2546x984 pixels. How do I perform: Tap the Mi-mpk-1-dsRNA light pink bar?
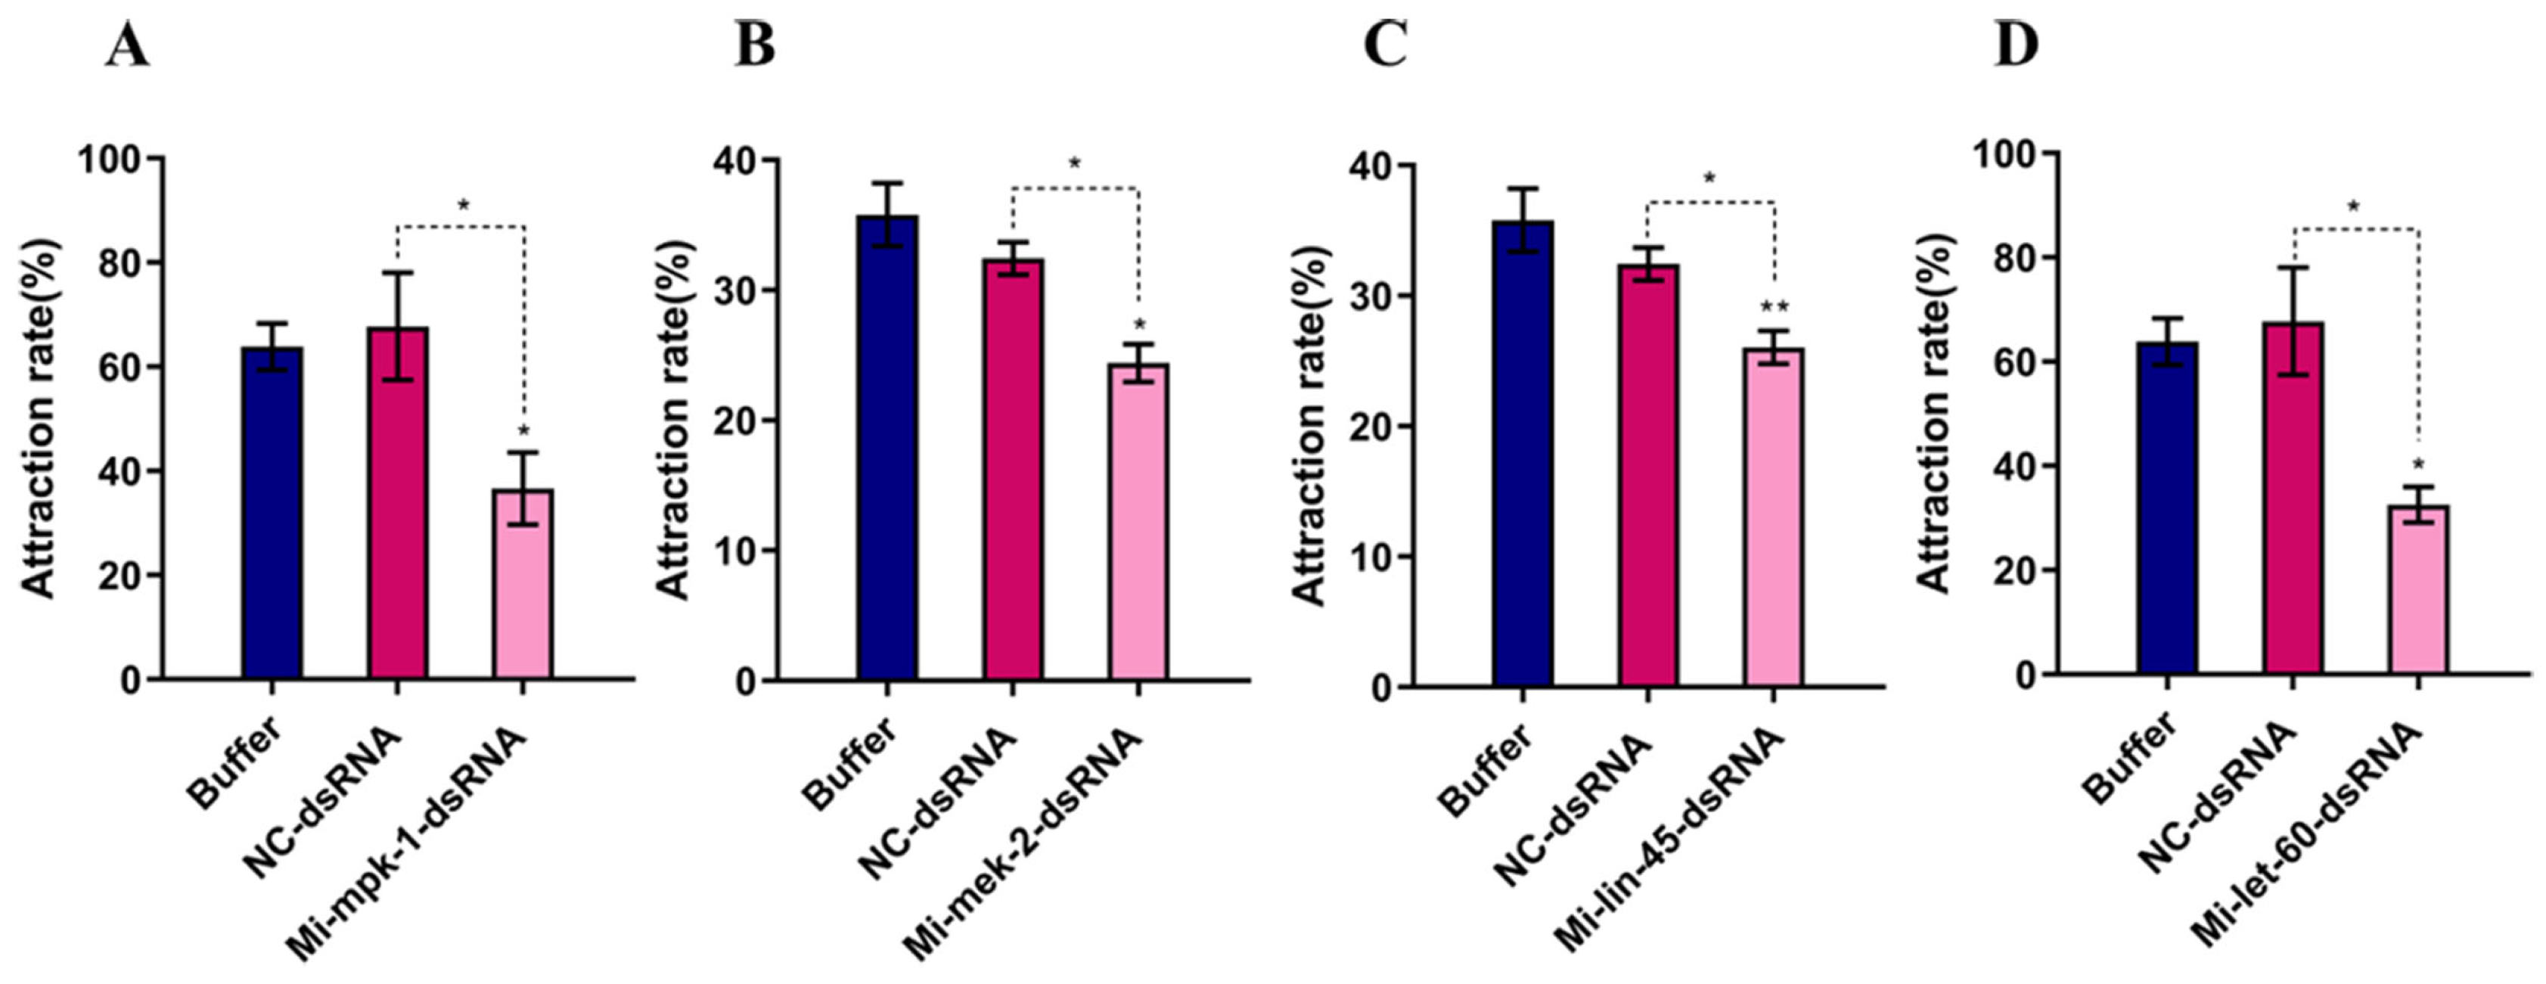522,583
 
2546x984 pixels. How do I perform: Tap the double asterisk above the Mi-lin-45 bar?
1774,307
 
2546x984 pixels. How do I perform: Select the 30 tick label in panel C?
1369,297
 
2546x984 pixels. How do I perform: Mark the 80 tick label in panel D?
1995,258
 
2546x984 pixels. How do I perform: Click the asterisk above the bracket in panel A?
463,206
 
